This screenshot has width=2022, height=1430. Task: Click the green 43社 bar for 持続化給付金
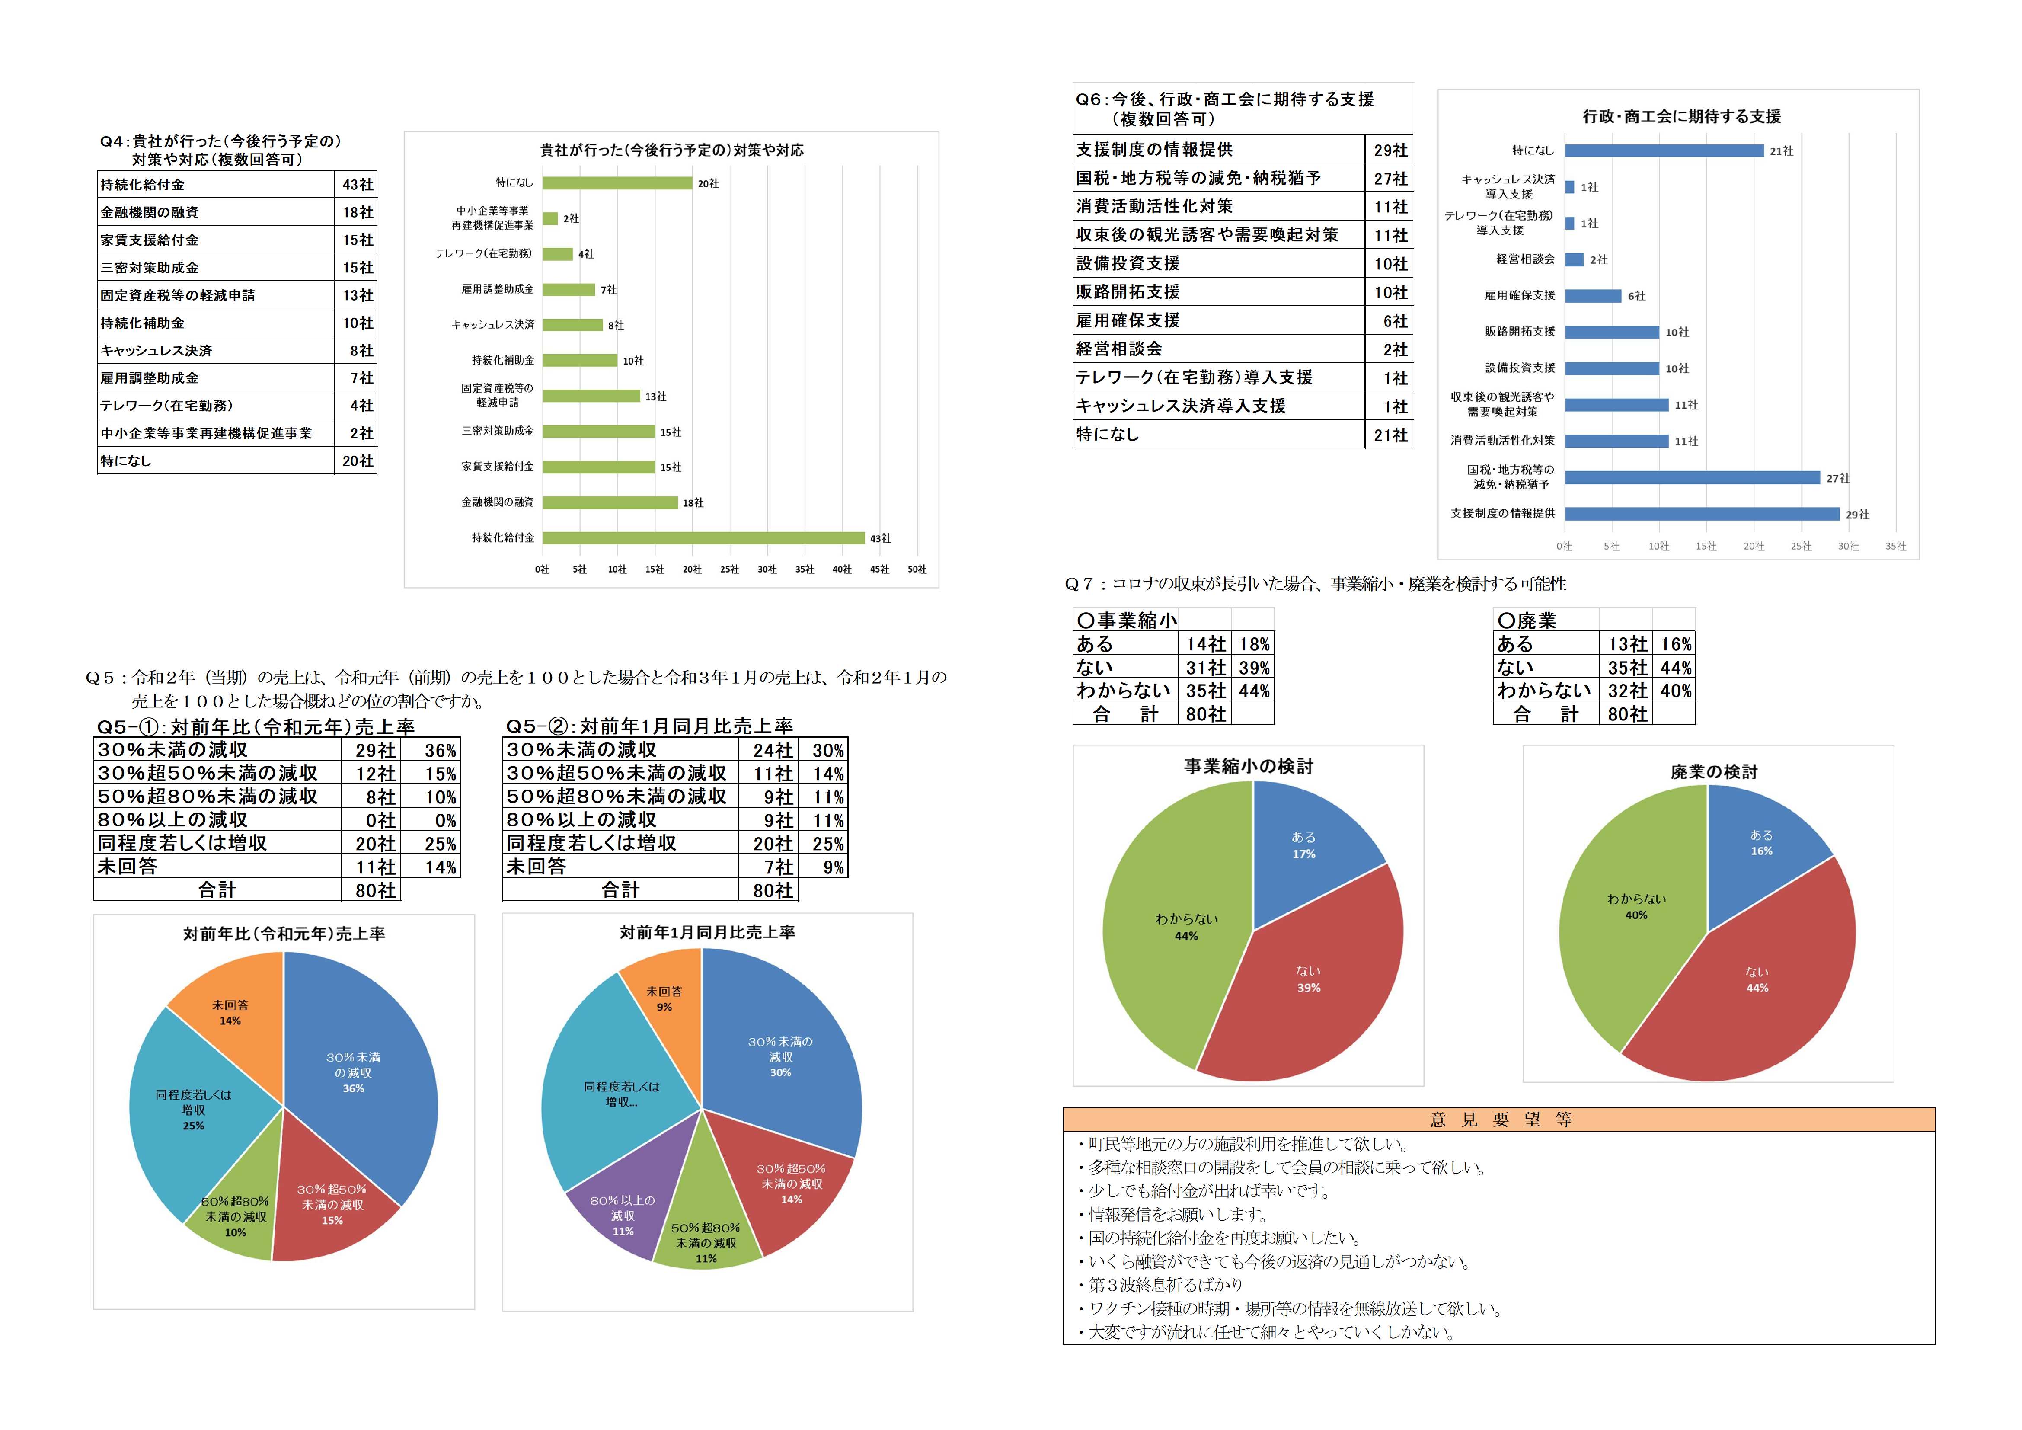coord(703,537)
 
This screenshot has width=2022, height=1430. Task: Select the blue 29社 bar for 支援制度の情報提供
coord(1702,514)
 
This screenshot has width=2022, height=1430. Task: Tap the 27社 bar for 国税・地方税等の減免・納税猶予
coord(1692,477)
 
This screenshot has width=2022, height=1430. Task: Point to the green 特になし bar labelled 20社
coord(617,183)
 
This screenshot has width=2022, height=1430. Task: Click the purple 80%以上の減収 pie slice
coord(621,1207)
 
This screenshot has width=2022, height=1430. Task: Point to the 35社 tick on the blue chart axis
coord(1895,546)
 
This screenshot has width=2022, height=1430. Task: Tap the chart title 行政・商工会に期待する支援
coord(1681,116)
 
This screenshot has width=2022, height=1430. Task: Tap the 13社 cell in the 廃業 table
coord(1626,644)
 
